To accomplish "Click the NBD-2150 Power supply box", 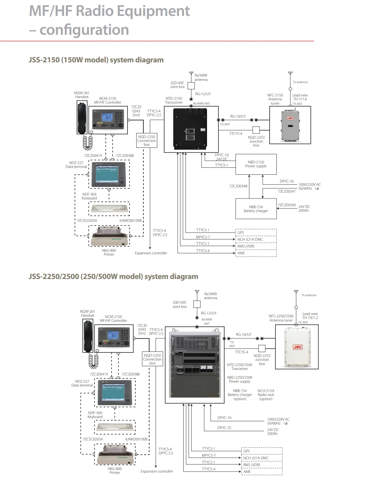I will (256, 164).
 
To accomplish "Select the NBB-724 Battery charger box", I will (256, 209).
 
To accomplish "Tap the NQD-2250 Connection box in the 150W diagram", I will (146, 141).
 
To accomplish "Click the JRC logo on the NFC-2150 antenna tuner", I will (290, 118).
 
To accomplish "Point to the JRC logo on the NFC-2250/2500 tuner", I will (297, 347).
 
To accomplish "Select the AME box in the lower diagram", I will (262, 472).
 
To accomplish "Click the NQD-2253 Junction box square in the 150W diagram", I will (256, 130).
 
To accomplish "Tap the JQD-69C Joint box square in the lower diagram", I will (197, 304).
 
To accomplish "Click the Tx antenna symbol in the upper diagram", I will (290, 75).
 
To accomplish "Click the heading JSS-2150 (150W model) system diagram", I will (96, 60).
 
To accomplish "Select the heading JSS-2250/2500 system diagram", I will (113, 276).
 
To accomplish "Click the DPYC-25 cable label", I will (224, 428).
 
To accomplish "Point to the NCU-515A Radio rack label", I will (266, 395).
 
